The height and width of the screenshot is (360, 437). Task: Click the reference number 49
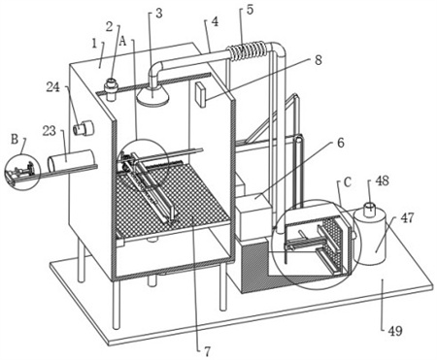[x=395, y=331]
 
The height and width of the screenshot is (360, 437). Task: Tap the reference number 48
[x=383, y=180]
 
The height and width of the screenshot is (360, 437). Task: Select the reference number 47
[x=407, y=217]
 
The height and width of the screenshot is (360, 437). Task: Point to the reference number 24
[x=53, y=87]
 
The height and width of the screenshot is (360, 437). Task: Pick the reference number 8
[x=319, y=60]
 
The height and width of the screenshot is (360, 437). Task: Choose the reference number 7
[x=207, y=351]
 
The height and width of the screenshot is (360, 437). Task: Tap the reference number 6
[x=341, y=143]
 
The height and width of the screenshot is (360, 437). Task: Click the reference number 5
[x=250, y=10]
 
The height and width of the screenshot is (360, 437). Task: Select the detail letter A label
[x=122, y=41]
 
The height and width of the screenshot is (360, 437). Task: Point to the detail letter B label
[x=15, y=140]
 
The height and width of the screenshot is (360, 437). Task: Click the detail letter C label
[x=348, y=182]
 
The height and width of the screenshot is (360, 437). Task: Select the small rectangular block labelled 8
[x=201, y=94]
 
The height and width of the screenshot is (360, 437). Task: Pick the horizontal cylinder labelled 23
[x=71, y=160]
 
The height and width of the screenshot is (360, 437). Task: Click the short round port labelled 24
[x=84, y=127]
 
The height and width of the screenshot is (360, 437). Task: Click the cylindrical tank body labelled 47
[x=371, y=237]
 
